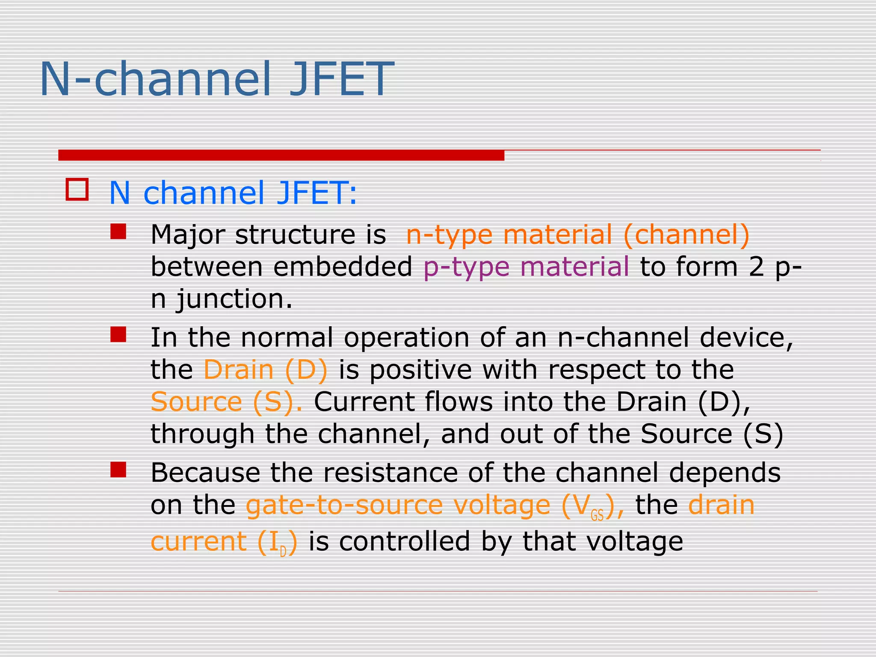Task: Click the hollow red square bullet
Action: tap(77, 189)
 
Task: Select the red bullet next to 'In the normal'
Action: tap(118, 334)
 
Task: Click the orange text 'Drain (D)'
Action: tap(265, 370)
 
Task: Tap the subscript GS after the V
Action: tap(597, 516)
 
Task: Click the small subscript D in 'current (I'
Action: tap(283, 552)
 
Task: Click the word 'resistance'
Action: tap(390, 473)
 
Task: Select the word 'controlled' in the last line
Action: tap(404, 542)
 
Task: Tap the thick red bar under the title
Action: tap(281, 155)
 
